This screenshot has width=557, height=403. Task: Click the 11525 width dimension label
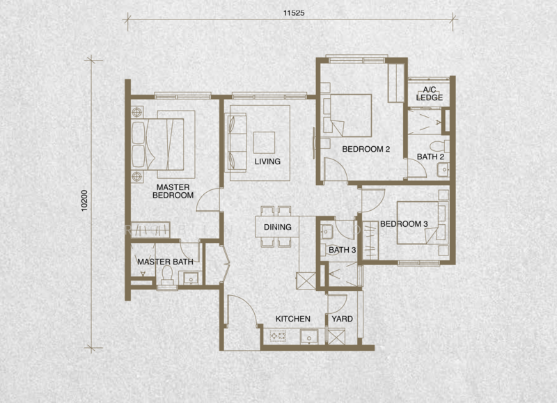point(294,13)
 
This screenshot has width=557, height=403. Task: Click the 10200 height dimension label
point(84,201)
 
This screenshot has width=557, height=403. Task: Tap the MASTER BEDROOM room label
point(173,191)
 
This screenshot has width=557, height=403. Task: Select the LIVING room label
point(267,161)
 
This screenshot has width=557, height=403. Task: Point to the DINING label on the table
point(277,227)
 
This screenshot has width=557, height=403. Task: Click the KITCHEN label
point(293,319)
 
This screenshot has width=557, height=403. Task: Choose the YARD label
point(342,319)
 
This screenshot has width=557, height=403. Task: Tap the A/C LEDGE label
point(430,94)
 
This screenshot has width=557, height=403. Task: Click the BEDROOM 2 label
point(366,149)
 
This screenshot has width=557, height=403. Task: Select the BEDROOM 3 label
point(404,224)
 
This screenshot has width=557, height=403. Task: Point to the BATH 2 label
point(430,157)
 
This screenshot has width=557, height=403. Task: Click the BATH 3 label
point(342,250)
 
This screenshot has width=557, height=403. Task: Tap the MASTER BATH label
point(165,262)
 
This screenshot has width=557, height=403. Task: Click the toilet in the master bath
point(167,276)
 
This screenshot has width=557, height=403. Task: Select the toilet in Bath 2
point(440,146)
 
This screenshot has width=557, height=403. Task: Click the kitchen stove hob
point(278,336)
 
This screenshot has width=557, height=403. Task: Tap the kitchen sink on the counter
point(309,337)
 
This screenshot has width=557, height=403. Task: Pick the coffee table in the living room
point(264,143)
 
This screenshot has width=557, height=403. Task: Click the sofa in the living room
point(236,143)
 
